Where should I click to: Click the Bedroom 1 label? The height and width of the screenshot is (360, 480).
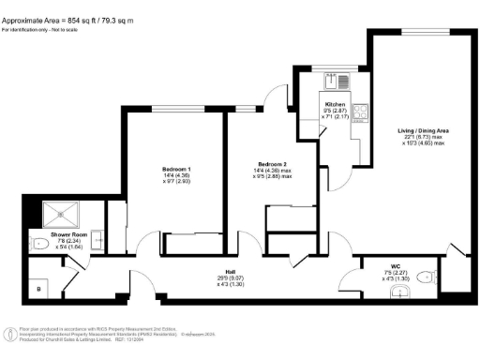tap(176, 170)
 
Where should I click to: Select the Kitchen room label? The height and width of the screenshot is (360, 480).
tap(336, 104)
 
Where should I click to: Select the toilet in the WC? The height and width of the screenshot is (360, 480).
tap(426, 276)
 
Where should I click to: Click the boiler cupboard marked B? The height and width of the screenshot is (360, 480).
tap(38, 288)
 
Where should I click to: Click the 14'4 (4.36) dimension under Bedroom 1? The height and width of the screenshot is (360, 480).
tap(176, 176)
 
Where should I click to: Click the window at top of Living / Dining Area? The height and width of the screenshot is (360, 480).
tap(416, 33)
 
